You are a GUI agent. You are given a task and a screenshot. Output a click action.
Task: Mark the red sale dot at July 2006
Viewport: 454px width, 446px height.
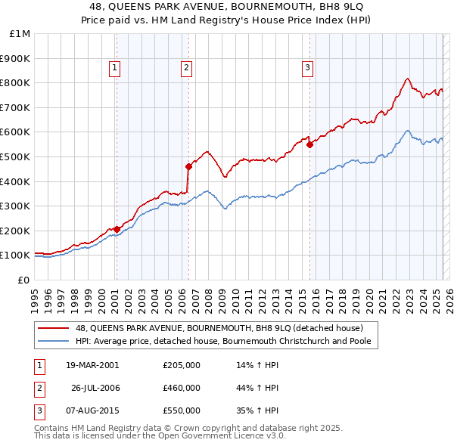(x=188, y=166)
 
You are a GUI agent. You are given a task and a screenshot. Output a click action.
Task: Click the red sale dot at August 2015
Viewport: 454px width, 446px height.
(x=309, y=144)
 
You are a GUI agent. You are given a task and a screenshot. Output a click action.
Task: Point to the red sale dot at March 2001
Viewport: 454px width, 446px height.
(x=117, y=229)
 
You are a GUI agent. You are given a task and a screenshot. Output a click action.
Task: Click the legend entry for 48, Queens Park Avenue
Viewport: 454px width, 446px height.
(x=219, y=328)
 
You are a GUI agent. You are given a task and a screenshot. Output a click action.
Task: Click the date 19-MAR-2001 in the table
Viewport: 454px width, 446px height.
(x=92, y=365)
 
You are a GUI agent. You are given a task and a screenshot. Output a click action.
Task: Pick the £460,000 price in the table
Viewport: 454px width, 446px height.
(x=182, y=388)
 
